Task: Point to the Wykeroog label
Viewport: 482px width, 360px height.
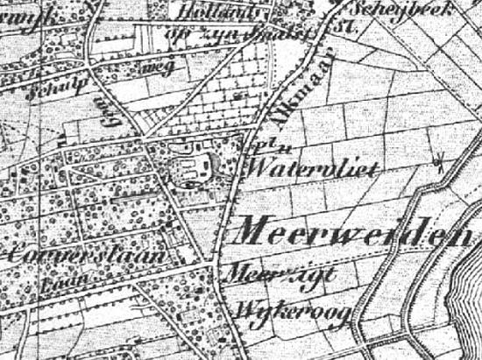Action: click(278, 309)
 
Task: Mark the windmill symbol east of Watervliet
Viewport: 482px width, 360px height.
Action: click(440, 161)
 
